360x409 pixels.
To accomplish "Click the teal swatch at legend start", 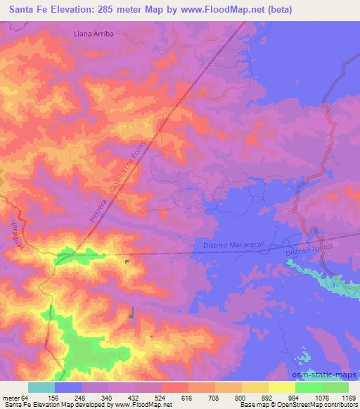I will coord(41,387).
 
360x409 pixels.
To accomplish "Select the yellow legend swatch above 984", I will coord(282,387).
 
